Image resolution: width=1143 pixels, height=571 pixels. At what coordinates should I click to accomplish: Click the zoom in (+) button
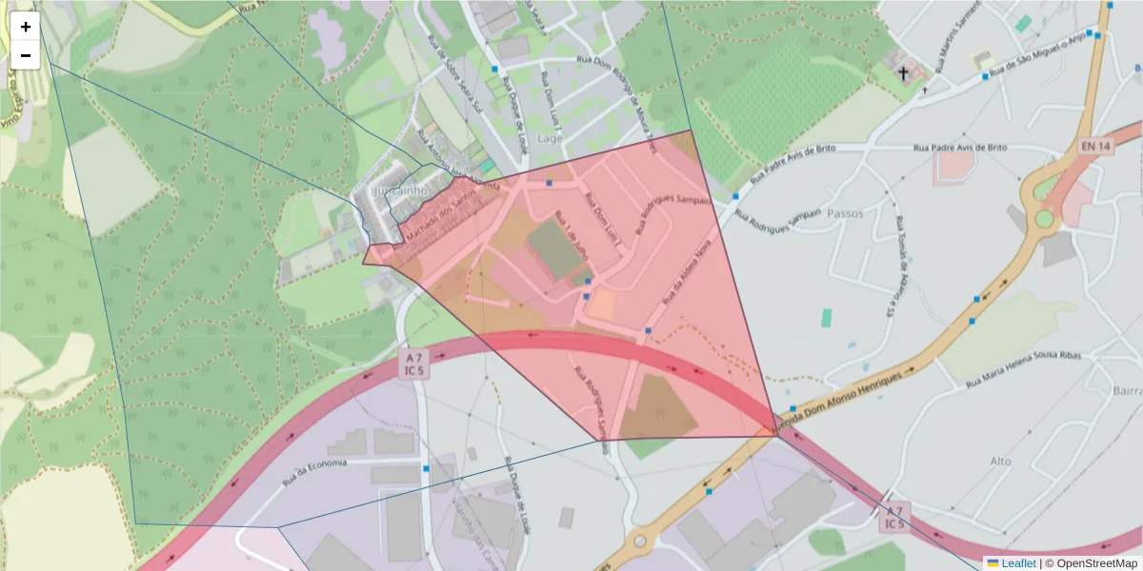[x=26, y=27]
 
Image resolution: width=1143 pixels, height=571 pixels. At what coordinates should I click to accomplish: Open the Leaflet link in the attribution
[x=1018, y=563]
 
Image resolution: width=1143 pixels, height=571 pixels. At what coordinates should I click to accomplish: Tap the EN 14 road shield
[x=1095, y=146]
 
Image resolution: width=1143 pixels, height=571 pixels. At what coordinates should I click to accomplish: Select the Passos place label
[x=845, y=213]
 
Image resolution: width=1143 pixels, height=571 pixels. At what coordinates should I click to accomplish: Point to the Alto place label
[x=1000, y=461]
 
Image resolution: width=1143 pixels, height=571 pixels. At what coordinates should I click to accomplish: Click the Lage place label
[x=551, y=138]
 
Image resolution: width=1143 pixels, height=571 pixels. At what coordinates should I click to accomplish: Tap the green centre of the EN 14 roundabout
[x=1045, y=219]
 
